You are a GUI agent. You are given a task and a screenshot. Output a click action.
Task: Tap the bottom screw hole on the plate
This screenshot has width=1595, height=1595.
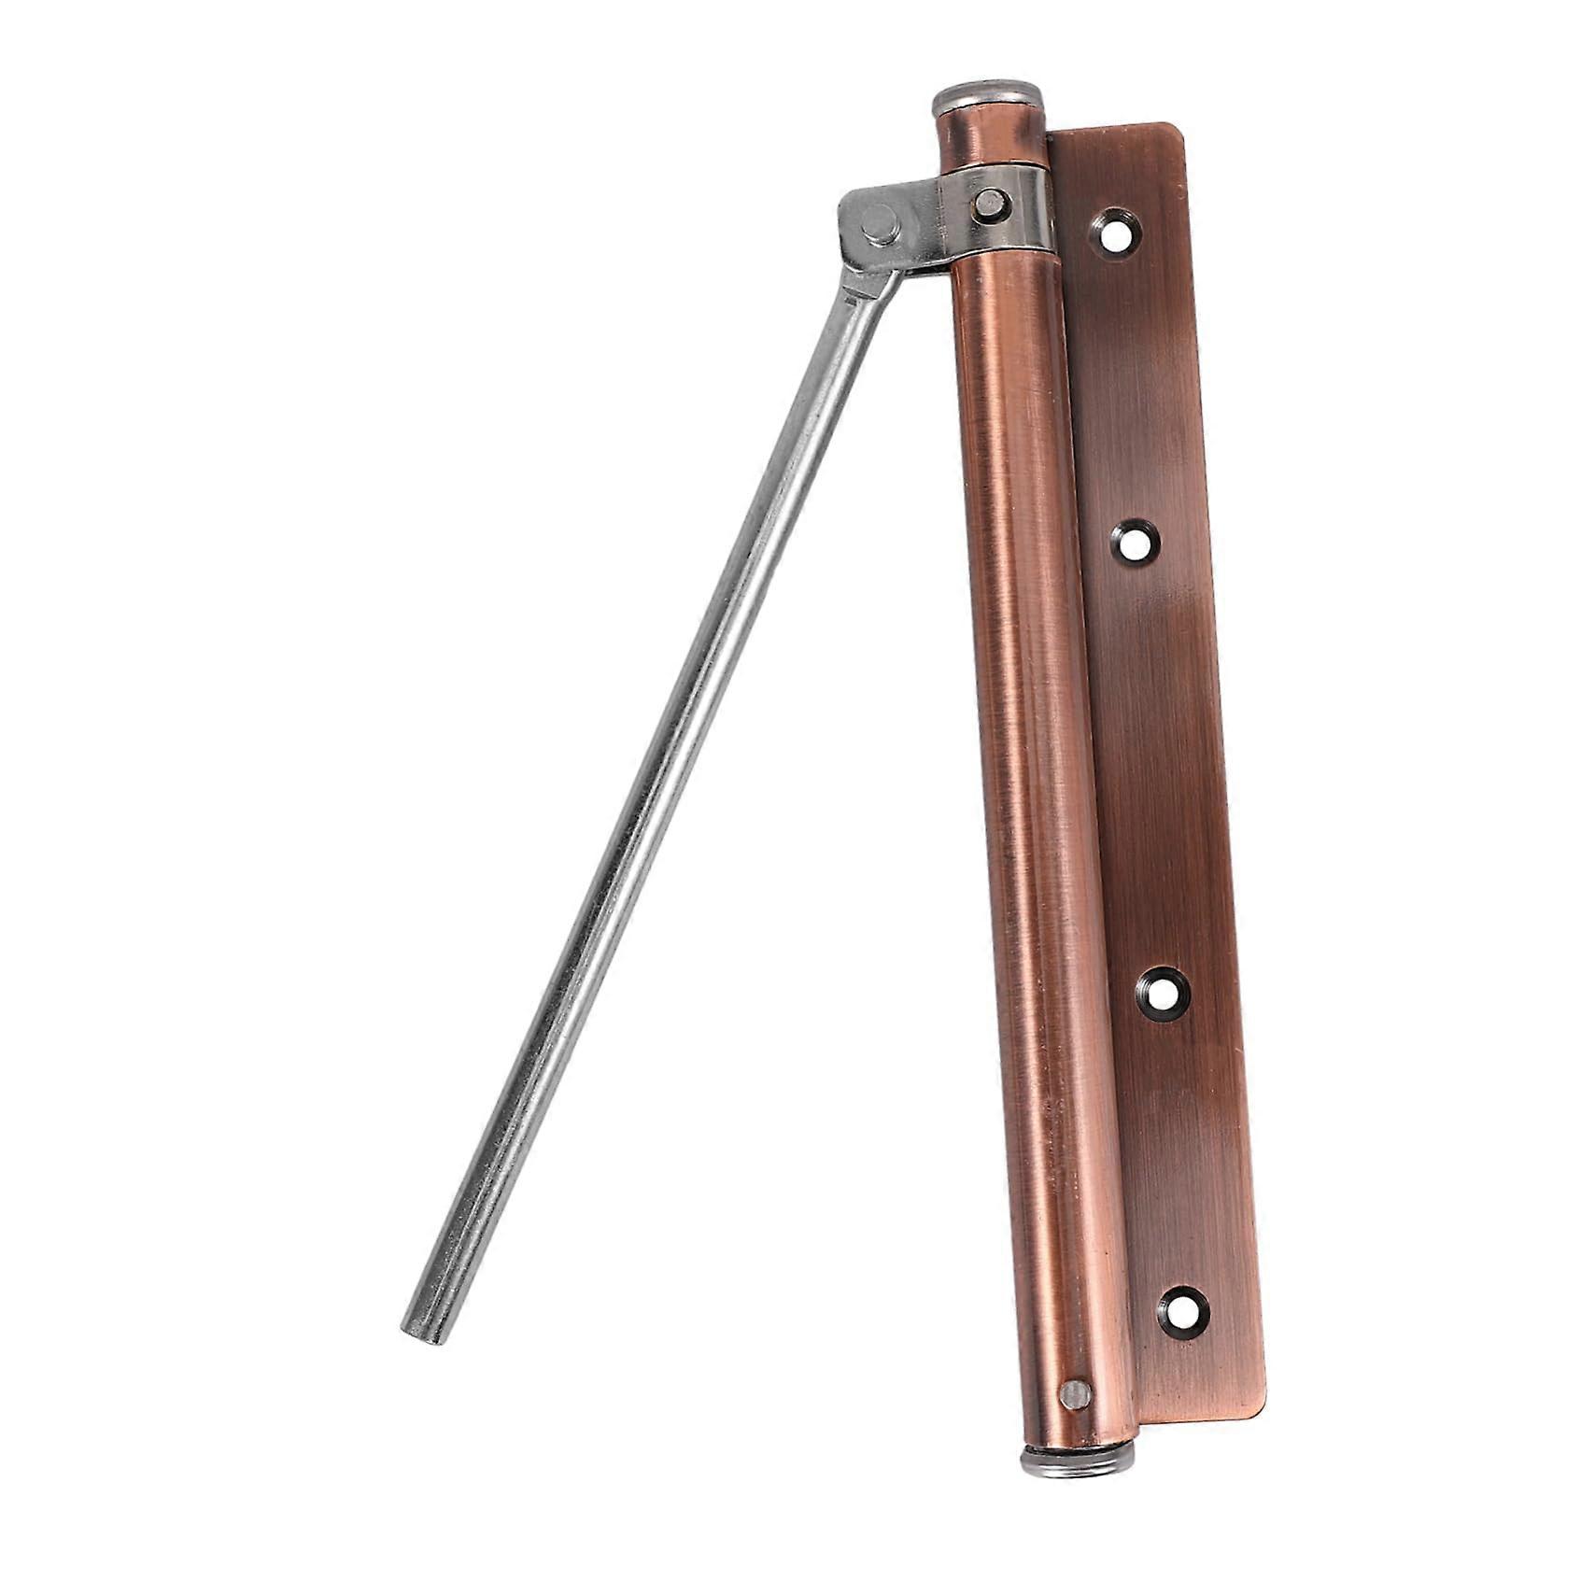(1184, 1312)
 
